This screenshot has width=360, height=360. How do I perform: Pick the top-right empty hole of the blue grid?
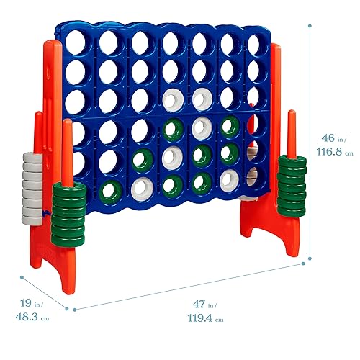pyautogui.click(x=254, y=45)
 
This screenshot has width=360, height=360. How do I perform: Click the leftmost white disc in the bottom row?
pyautogui.click(x=140, y=188)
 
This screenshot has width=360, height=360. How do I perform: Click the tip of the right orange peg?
pyautogui.click(x=292, y=113)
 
